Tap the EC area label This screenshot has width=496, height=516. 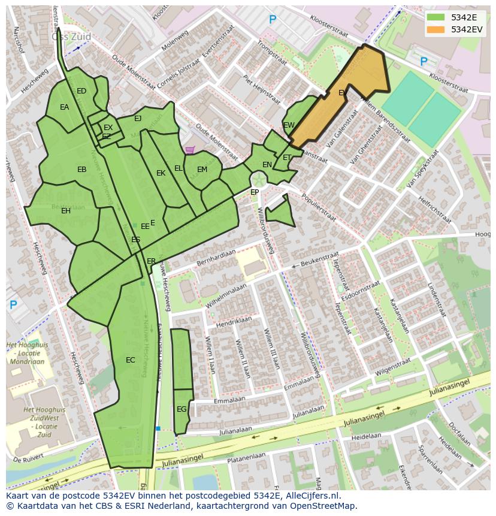click(131, 360)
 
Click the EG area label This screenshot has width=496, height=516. click(182, 409)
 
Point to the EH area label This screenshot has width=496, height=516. click(66, 211)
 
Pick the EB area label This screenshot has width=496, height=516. click(82, 170)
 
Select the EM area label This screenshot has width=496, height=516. click(202, 170)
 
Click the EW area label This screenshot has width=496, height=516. click(289, 125)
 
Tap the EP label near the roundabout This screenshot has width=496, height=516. click(255, 192)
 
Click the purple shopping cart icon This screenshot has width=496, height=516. click(190, 150)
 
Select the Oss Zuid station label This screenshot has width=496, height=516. click(71, 37)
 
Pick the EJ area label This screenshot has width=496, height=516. click(138, 119)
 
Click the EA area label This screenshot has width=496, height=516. click(65, 107)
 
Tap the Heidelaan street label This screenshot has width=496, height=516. click(367, 437)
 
